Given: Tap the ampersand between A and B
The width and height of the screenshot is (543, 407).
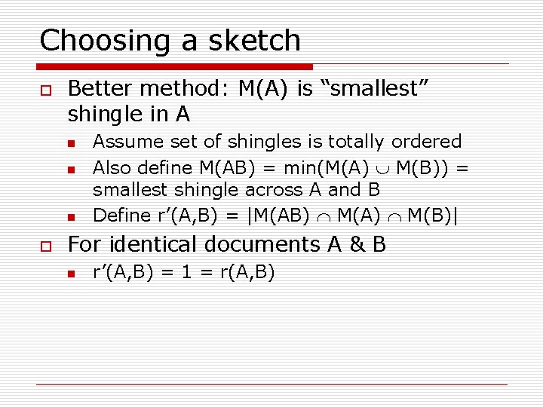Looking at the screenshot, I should [354, 245].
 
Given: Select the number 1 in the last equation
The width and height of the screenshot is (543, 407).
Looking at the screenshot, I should [186, 271].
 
